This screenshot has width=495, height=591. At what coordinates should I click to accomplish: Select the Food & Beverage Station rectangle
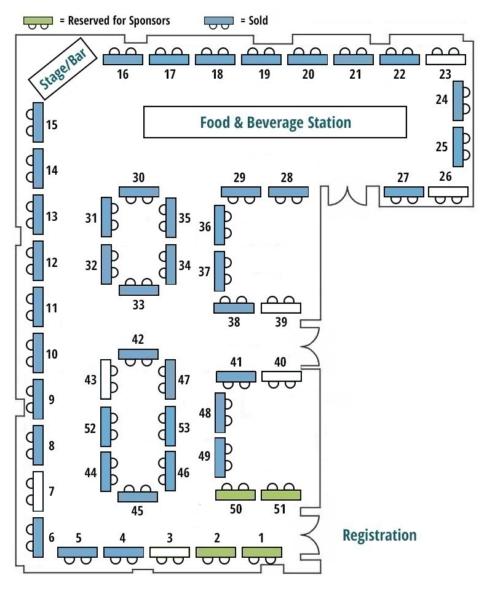point(275,122)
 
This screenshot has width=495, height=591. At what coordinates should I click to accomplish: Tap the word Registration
point(379,535)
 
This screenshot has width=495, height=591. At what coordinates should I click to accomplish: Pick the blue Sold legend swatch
point(219,20)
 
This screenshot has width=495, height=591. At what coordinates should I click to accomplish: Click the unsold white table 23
point(446,60)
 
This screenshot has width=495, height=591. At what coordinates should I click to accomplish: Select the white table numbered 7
point(38,491)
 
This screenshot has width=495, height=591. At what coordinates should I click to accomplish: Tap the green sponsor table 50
point(236,494)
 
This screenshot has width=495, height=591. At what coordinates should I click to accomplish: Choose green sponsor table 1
point(262,552)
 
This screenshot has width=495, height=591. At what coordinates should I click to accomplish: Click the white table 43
point(106,378)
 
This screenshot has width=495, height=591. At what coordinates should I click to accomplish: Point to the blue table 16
point(123,60)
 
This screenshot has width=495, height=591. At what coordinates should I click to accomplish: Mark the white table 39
point(281,307)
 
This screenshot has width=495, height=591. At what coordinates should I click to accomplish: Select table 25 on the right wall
point(457,146)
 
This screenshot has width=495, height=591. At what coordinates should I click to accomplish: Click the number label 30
point(138,178)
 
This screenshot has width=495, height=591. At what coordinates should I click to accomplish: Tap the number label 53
point(184,427)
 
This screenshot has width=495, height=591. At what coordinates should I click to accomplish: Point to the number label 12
point(52,263)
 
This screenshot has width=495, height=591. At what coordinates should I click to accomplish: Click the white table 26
point(448,191)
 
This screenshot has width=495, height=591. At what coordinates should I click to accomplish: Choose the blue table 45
point(138,496)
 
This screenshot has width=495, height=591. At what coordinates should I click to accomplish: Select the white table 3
point(170,552)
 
